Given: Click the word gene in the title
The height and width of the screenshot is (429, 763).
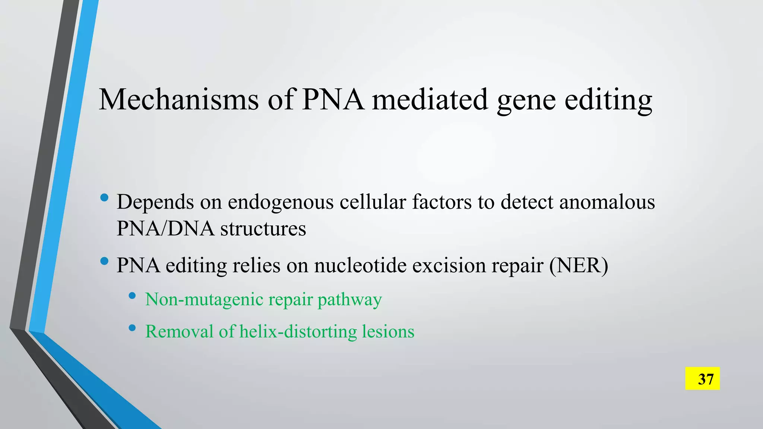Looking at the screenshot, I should pyautogui.click(x=526, y=101).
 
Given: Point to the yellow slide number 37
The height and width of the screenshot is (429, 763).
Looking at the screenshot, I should pyautogui.click(x=702, y=379).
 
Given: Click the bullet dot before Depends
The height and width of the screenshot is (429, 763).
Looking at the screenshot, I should pyautogui.click(x=104, y=197).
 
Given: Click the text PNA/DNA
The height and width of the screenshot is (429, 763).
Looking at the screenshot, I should pyautogui.click(x=165, y=228).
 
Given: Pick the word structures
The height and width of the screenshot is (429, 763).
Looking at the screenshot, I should pyautogui.click(x=263, y=228).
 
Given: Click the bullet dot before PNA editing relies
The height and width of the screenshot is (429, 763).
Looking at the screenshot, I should pyautogui.click(x=104, y=261).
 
